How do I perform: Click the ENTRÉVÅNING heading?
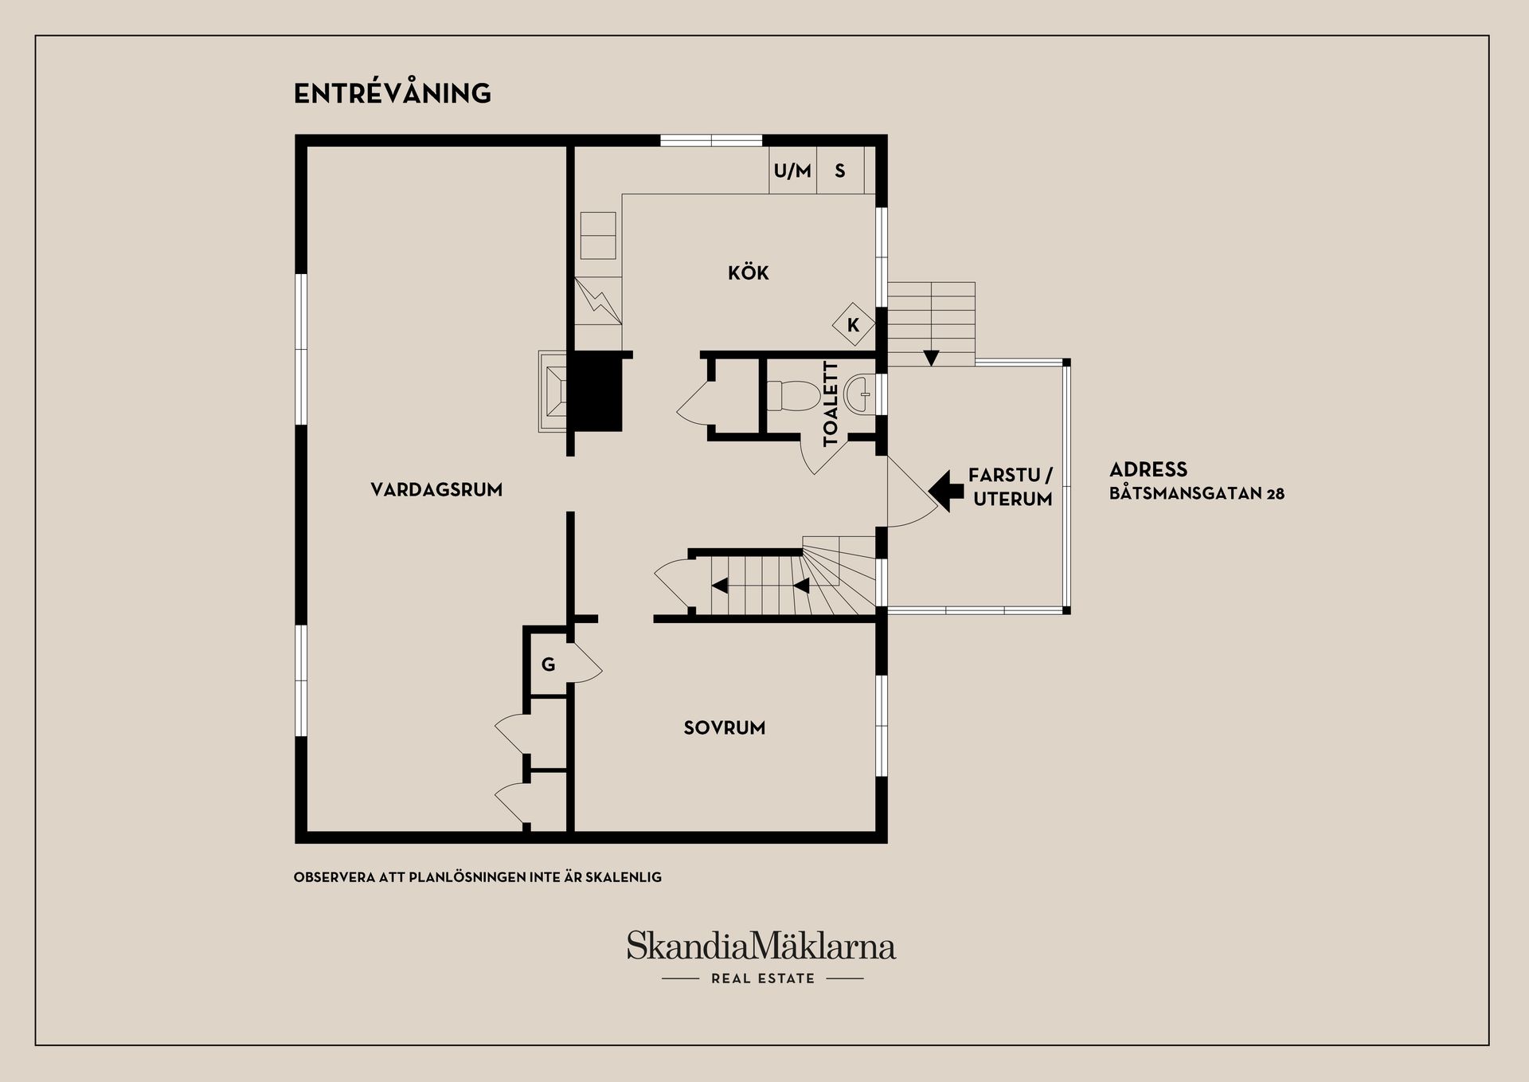(393, 93)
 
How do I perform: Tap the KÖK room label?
(749, 272)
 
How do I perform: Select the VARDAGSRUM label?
(436, 489)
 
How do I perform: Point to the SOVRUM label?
(725, 727)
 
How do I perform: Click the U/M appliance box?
(792, 170)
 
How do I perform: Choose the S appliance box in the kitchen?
(840, 170)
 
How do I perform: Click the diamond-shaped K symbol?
(854, 324)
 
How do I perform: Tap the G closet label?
(548, 664)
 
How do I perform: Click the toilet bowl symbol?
(793, 394)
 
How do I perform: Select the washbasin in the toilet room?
(860, 394)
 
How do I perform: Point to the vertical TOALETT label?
(831, 403)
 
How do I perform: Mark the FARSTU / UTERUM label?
(1011, 487)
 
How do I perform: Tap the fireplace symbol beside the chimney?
(553, 392)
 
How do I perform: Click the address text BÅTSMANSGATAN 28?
(1197, 493)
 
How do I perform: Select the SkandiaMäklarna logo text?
(761, 946)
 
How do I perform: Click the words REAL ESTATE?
(763, 978)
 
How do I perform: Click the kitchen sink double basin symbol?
(598, 235)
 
